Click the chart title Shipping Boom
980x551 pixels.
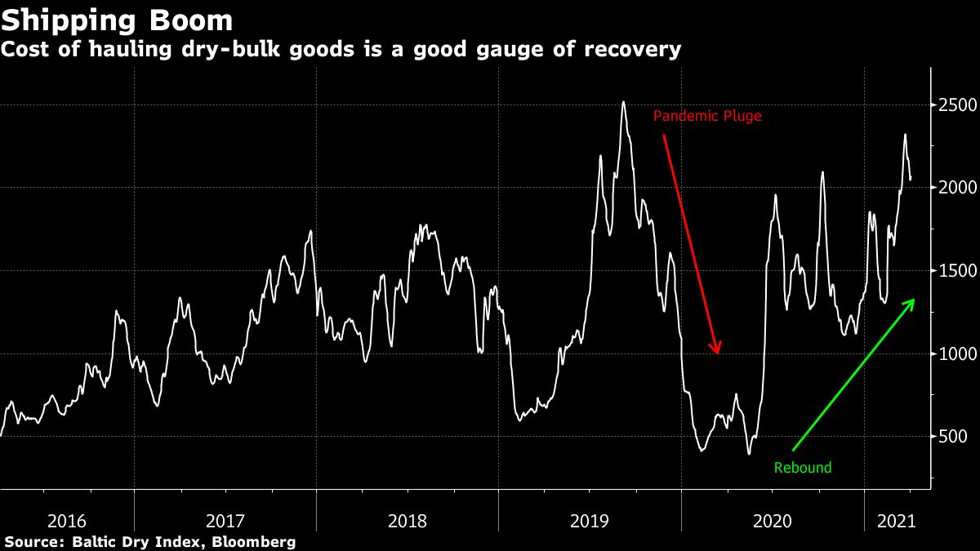tap(117, 20)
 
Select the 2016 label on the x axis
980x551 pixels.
tap(68, 520)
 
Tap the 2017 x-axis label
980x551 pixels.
tap(226, 520)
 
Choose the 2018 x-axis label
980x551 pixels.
tap(408, 520)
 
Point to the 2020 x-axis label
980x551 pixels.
tap(773, 520)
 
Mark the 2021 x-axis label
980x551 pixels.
tap(896, 520)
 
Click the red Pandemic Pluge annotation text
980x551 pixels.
tap(707, 116)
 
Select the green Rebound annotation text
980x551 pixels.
tap(802, 468)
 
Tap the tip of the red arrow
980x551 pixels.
tap(719, 353)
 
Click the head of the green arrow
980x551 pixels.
tap(914, 300)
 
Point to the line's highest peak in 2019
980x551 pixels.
tap(623, 102)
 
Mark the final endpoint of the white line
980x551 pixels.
tap(911, 180)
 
